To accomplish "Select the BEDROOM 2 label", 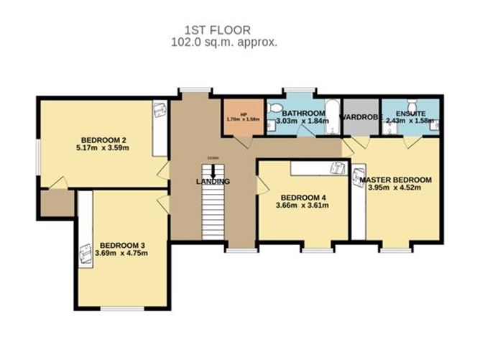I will (104, 139).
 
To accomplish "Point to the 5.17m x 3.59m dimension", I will (104, 148).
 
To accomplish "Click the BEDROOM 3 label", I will (123, 244).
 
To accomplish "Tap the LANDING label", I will (213, 182).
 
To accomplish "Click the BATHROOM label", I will (305, 114).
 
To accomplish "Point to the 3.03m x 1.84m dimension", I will (305, 121).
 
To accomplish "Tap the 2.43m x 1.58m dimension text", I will (410, 121).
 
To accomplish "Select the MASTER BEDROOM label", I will (396, 180).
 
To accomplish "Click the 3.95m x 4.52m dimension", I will (394, 188).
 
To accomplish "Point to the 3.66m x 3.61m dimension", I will (302, 206).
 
